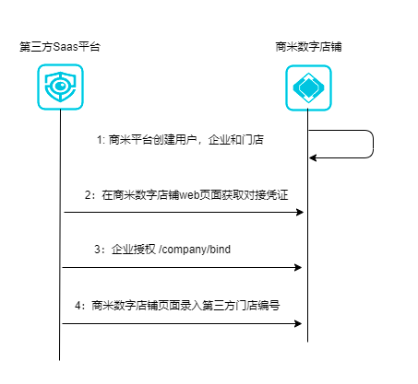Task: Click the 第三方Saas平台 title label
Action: coord(60,47)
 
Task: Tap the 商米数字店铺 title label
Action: coord(308,47)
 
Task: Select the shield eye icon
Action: coord(60,87)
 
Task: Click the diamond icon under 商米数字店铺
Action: coord(308,87)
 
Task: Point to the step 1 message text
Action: coord(180,140)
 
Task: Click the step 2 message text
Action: coord(186,195)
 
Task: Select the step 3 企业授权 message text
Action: coord(162,250)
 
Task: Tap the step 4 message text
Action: coord(177,306)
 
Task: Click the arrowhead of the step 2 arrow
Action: coord(300,212)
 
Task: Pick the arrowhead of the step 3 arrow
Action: coord(298,267)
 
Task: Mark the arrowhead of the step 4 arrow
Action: coord(298,323)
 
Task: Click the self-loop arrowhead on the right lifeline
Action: coord(313,158)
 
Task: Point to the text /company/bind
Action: coord(195,250)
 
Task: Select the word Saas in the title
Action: coord(66,47)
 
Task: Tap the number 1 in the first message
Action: coord(100,140)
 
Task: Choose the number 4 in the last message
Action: coord(78,306)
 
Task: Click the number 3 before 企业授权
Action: coord(98,250)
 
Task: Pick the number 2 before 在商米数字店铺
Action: coord(88,195)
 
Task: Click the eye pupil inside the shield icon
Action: coord(61,86)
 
